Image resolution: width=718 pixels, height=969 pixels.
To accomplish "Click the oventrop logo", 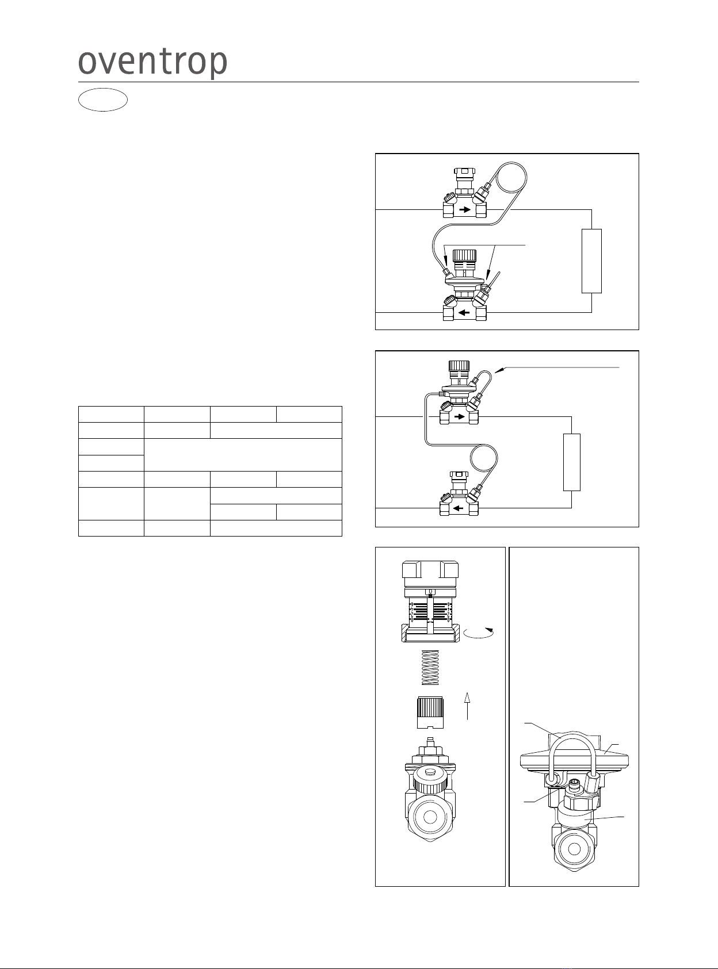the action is (x=152, y=63).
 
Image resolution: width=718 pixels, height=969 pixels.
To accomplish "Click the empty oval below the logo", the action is (x=103, y=100).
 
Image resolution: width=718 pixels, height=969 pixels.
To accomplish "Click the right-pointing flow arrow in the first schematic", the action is (x=464, y=210).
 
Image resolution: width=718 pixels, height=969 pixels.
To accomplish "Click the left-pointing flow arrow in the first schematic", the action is (x=464, y=313).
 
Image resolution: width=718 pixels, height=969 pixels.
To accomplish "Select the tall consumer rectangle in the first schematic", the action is (x=591, y=261).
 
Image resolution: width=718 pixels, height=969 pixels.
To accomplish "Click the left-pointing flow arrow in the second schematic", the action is (x=459, y=508).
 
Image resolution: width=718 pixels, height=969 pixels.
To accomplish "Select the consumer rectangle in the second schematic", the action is (x=571, y=462).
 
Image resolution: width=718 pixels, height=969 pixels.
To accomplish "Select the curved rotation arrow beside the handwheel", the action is (x=479, y=633).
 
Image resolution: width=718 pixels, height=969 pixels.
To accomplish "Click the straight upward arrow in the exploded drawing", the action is (x=468, y=706).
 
